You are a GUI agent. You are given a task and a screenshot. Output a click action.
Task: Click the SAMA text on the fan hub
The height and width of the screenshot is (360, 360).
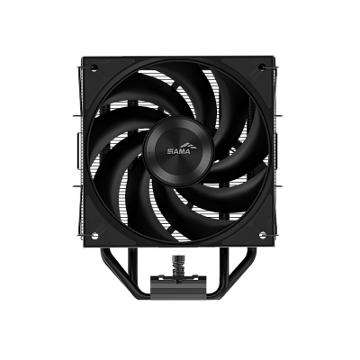(178, 151)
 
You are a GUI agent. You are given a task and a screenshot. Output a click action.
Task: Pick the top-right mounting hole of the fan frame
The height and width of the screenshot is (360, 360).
(263, 67)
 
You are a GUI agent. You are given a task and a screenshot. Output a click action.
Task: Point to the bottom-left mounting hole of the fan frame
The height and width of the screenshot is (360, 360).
(94, 235)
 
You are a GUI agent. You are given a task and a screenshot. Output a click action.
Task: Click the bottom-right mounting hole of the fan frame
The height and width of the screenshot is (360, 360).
(263, 234)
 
